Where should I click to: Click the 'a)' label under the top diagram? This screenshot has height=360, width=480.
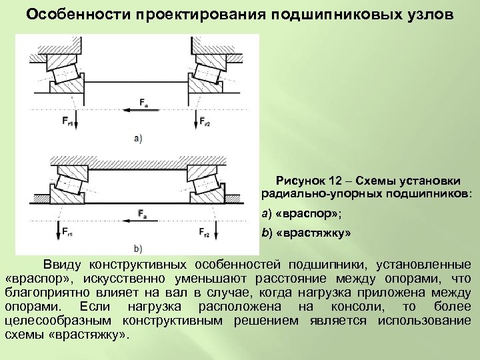138,139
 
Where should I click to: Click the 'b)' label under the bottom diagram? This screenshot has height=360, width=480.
138,249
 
